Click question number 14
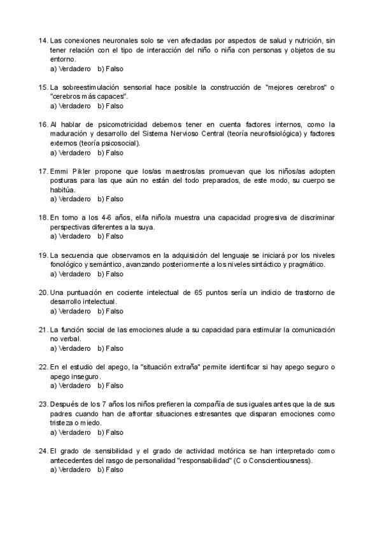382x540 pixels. point(43,41)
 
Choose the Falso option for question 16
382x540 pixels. point(110,153)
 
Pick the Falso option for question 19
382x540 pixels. point(110,274)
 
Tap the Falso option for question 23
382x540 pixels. point(110,432)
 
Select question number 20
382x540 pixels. point(43,292)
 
